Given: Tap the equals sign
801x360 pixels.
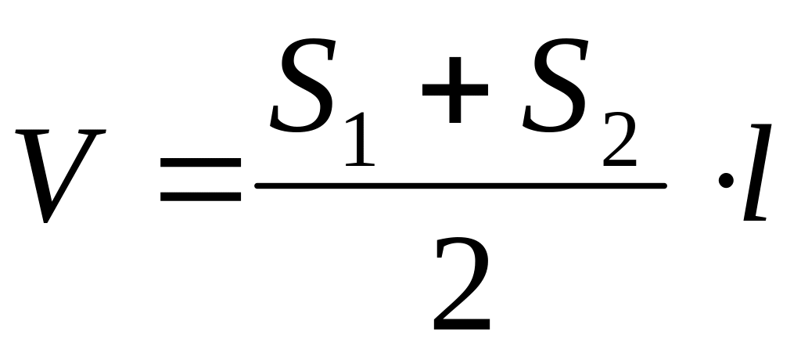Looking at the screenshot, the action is (200, 178).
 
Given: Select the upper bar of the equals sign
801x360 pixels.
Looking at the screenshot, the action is (200, 162).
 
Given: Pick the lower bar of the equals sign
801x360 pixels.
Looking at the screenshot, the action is (200, 196).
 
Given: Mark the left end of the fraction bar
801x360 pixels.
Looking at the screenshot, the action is (258, 185).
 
